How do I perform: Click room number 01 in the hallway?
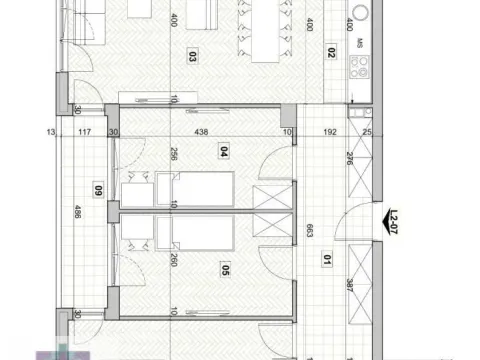tap(328, 263)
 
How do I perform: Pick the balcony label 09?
tap(98, 190)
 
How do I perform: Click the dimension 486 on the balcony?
tap(76, 212)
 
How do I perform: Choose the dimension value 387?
tap(348, 285)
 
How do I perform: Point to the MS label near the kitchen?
tap(359, 43)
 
